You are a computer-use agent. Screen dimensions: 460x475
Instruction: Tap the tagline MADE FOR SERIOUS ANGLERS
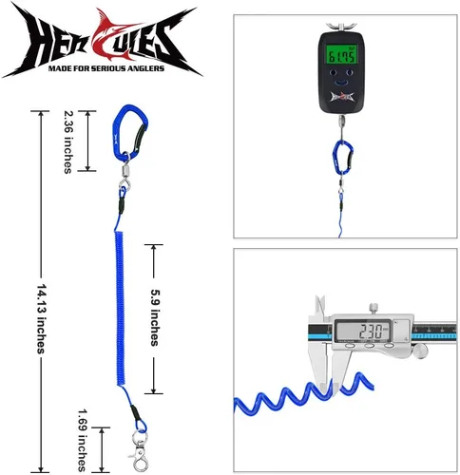106,68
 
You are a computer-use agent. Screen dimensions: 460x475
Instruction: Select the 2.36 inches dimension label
68,142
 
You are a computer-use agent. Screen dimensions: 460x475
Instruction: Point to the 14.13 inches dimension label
42,318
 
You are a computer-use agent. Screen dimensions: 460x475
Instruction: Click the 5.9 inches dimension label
155,317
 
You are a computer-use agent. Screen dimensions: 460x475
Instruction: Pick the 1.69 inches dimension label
83,441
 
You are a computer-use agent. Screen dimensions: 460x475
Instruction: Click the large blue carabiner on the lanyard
129,132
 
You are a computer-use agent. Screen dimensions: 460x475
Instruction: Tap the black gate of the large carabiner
140,137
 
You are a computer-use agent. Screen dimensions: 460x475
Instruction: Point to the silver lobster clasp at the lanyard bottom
139,450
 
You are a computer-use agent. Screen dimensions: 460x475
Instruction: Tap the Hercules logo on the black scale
342,97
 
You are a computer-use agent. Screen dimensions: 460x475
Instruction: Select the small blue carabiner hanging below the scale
343,158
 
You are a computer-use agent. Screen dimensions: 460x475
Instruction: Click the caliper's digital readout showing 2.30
363,331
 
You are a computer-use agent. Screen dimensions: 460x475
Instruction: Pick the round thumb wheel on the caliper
420,351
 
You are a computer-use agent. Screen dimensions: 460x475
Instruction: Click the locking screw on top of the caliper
374,309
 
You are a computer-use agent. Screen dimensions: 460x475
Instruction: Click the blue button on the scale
341,83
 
